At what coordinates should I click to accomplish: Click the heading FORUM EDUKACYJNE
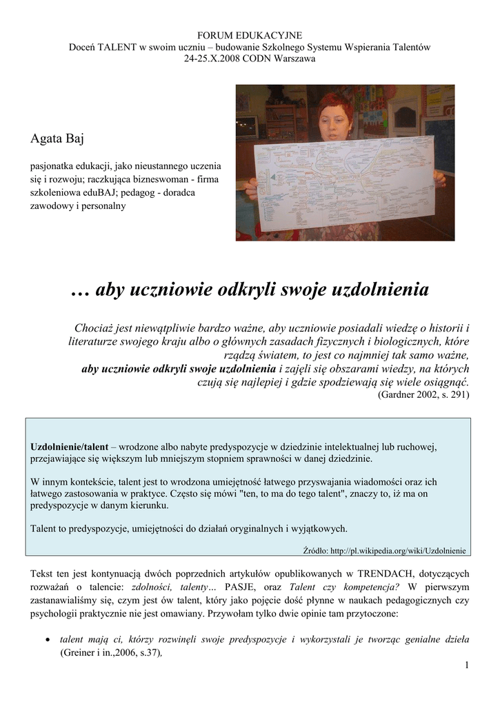tap(250, 34)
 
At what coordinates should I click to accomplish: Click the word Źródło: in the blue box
tap(315, 551)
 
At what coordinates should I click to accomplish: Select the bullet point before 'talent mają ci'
tap(46, 640)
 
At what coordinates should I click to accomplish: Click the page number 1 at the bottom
tap(467, 665)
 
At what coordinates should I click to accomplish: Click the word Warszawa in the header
tap(290, 59)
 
